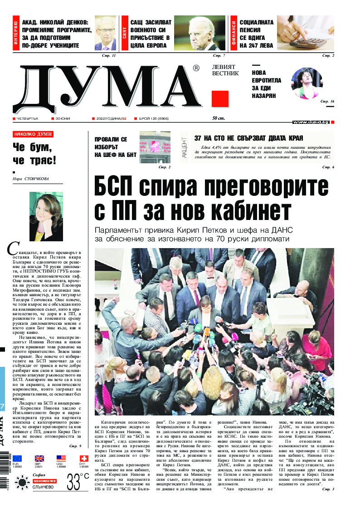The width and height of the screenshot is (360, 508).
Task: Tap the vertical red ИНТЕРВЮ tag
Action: click(x=16, y=34)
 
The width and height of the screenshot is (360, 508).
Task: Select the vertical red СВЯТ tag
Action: click(x=124, y=34)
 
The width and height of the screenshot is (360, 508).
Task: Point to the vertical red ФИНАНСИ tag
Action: click(x=234, y=34)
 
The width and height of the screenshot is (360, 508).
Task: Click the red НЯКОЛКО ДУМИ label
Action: click(x=33, y=134)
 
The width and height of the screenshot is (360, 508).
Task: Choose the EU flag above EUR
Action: click(x=17, y=459)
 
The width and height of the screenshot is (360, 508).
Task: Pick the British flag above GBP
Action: click(x=39, y=459)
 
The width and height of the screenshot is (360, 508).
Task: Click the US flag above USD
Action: click(x=61, y=459)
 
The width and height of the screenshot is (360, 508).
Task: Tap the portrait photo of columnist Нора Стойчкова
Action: click(x=46, y=216)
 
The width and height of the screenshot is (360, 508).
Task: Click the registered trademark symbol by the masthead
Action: click(x=196, y=68)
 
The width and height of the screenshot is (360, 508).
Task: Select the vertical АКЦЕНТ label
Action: click(x=185, y=147)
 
